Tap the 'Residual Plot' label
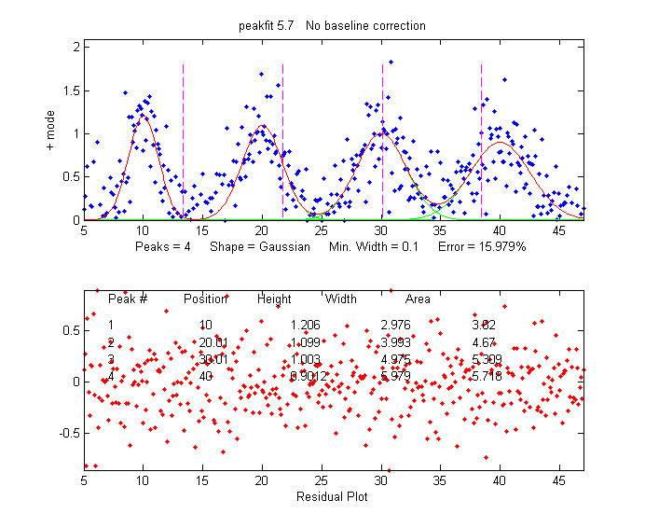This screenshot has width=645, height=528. (x=332, y=496)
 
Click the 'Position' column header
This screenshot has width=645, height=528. (x=206, y=299)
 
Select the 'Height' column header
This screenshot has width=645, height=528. (x=274, y=299)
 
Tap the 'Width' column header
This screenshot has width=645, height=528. (x=340, y=299)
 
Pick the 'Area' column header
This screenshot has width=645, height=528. (x=418, y=299)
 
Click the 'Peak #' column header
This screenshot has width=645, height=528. (x=128, y=299)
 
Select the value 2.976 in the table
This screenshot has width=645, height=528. (x=395, y=325)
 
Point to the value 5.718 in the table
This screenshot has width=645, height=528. (x=487, y=376)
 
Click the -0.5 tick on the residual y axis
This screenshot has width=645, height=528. (x=66, y=433)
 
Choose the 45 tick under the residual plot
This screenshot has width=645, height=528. (x=559, y=481)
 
